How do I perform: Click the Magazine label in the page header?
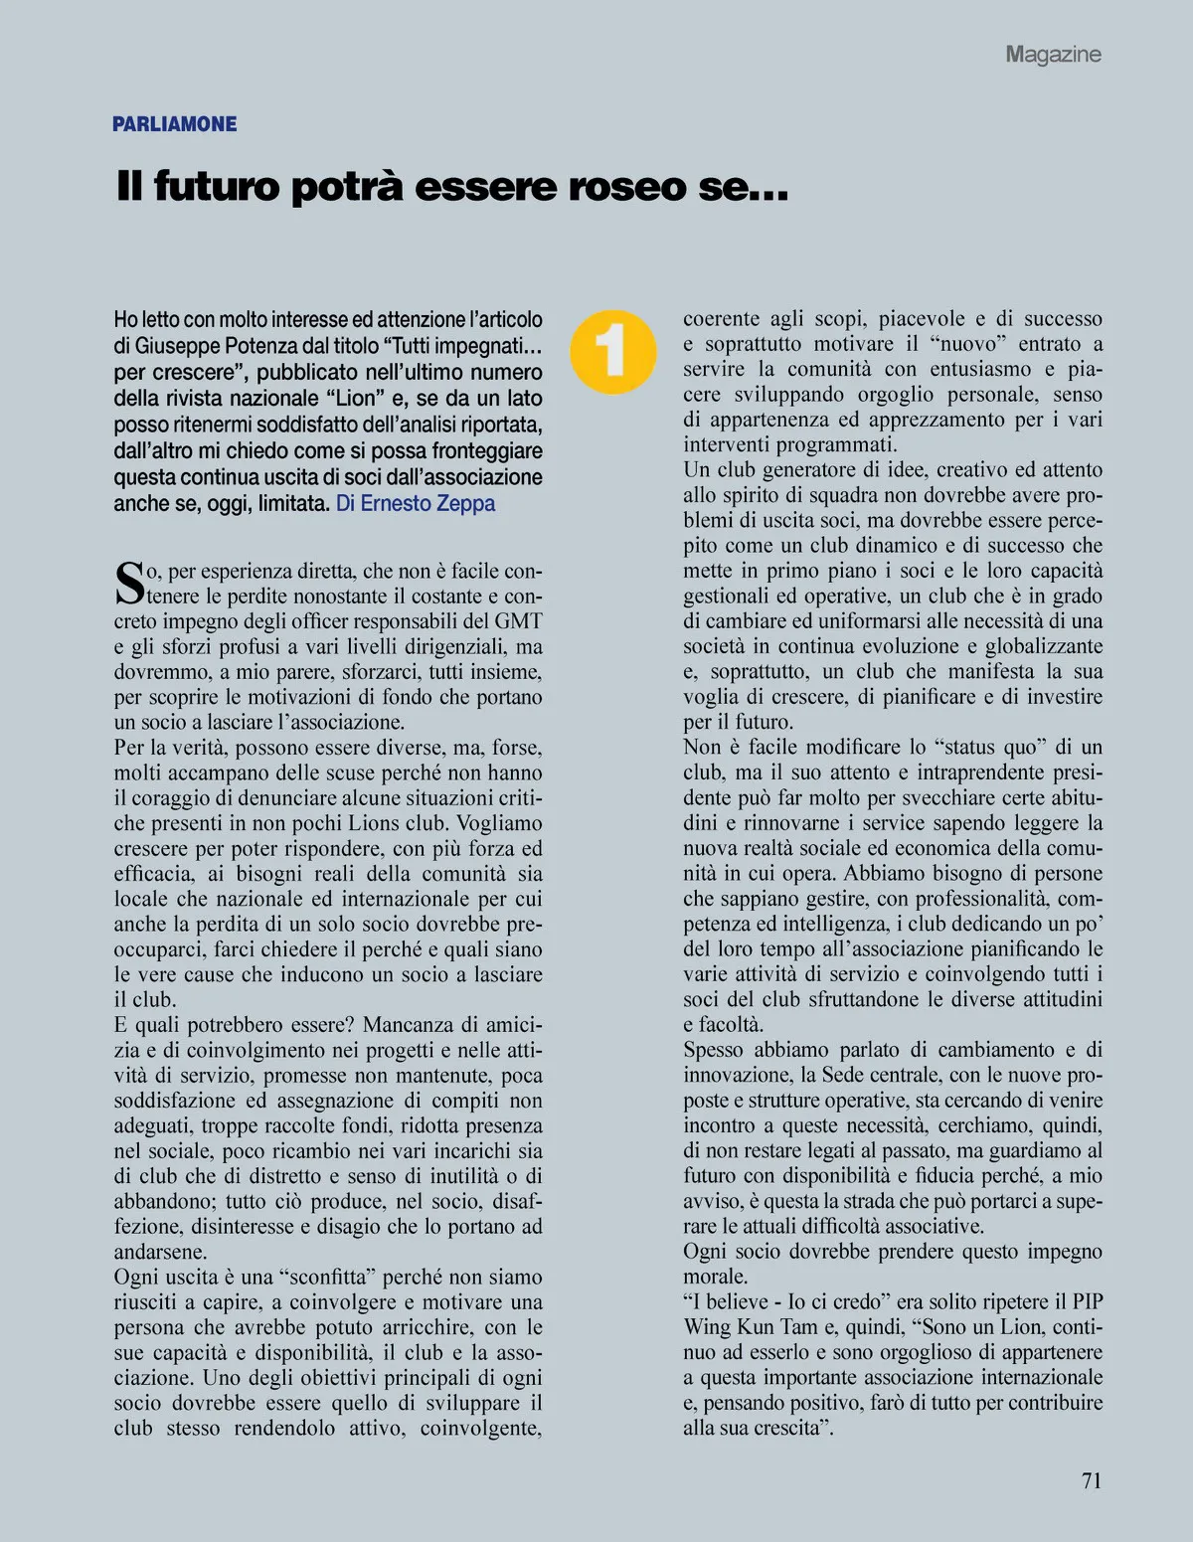1053,54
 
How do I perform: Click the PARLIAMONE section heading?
174,124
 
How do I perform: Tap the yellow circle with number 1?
612,351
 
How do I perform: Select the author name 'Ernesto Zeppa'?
427,503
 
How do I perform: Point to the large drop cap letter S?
129,584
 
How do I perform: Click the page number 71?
1091,1480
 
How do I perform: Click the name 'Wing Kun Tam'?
760,1326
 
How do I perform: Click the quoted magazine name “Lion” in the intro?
353,398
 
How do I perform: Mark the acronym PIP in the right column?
1086,1301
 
